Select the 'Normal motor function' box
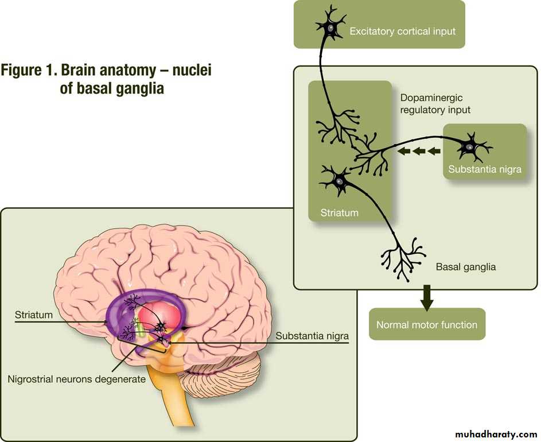(426, 325)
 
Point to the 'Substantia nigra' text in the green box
(485, 169)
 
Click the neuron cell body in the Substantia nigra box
(469, 147)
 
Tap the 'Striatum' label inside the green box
(338, 213)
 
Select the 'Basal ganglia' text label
(466, 267)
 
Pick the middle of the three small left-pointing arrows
(418, 151)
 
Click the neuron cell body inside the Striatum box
(338, 181)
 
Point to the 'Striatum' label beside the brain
(34, 315)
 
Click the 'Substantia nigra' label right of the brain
(312, 336)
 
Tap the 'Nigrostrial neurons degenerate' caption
(77, 379)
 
